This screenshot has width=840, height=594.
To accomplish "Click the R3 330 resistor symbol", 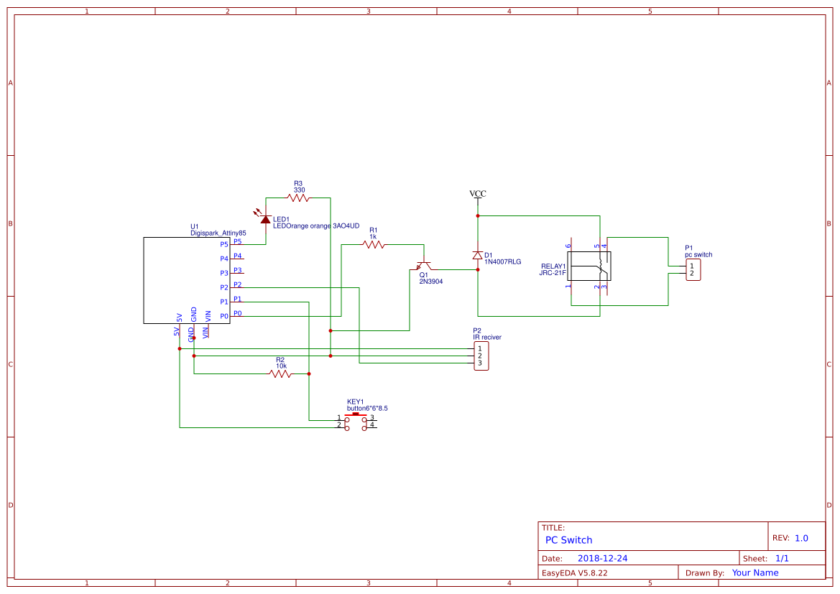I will (x=297, y=198).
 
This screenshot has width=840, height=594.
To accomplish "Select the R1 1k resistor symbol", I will (x=374, y=245).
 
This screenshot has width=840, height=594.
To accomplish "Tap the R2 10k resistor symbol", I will (x=280, y=373).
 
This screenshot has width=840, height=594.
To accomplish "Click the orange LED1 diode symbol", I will (x=265, y=218).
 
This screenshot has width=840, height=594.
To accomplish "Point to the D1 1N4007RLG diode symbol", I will (x=477, y=256).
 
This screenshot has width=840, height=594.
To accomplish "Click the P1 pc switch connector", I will (x=693, y=270).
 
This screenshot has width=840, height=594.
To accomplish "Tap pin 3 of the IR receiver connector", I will (x=480, y=363).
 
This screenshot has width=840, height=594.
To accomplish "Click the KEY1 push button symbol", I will (x=356, y=421).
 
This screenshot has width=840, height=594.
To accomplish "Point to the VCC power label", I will (x=477, y=194).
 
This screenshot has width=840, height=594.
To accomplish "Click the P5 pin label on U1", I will (x=224, y=244).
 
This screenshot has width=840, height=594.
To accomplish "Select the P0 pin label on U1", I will (x=224, y=316).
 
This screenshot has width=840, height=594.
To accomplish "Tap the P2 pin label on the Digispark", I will (x=224, y=287).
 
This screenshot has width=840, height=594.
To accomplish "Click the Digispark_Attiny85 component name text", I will (x=218, y=233).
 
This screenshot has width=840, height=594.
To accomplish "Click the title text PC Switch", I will (x=568, y=540).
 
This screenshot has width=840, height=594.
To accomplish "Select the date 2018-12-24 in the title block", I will (x=602, y=558).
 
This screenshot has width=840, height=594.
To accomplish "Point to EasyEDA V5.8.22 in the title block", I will (x=574, y=572).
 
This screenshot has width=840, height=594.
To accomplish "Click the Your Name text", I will (x=754, y=572).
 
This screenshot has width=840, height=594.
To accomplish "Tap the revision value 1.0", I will (x=801, y=538).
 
